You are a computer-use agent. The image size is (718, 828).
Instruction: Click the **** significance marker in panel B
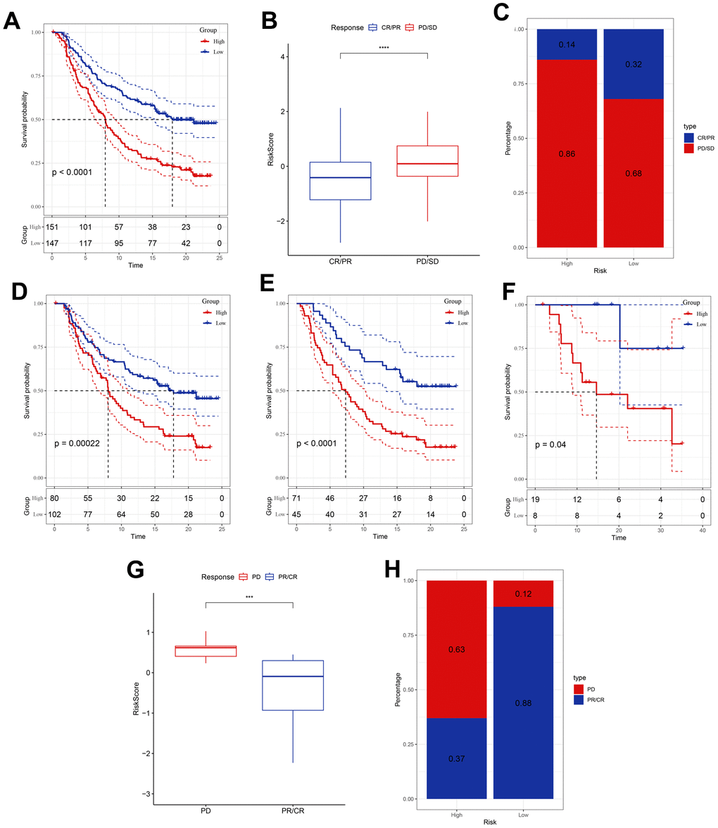click(384, 48)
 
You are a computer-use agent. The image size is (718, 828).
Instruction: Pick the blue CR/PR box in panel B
click(340, 181)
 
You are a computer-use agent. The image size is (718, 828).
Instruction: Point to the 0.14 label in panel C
click(567, 45)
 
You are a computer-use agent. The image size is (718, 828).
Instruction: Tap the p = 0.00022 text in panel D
click(83, 445)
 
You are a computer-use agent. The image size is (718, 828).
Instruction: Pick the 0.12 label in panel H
click(523, 594)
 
